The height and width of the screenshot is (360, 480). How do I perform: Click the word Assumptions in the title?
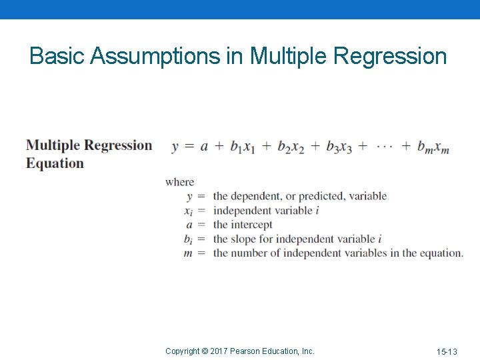pos(156,56)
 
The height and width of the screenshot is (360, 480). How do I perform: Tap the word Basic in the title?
pos(57,56)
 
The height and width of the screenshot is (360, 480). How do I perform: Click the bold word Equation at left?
pos(55,163)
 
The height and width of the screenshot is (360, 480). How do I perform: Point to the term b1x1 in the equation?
pos(243,147)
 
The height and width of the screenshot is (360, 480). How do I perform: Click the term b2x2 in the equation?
pos(291,147)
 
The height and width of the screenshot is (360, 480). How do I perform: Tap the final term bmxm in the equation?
pos(433,147)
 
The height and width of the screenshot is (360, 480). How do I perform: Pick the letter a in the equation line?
pos(204,147)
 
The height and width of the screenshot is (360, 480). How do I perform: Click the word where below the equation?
pos(179,182)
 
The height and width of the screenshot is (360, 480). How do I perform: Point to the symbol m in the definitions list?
pos(189,253)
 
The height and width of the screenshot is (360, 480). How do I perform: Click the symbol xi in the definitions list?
pos(188,211)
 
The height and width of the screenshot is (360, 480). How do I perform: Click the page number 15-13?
pos(447,351)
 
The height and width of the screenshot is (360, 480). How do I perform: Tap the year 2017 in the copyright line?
pos(220,351)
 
